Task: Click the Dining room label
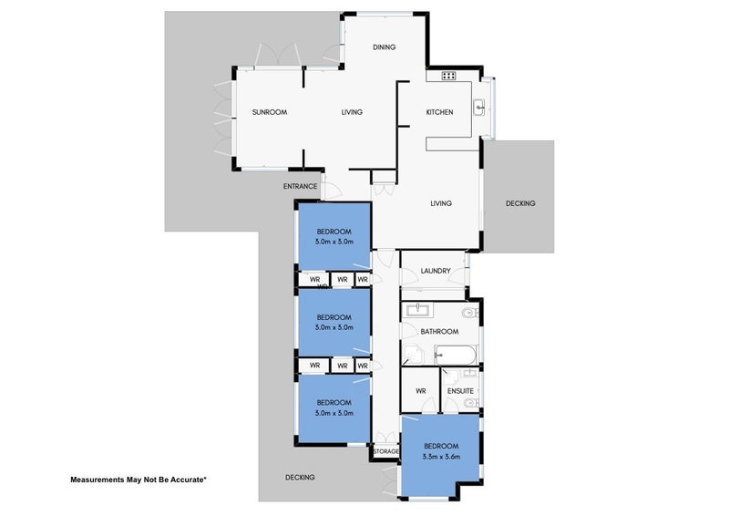coord(384,47)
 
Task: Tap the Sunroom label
coord(270,112)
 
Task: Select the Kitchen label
coord(439,112)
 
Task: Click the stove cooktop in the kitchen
coord(448,76)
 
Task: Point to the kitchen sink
coord(479,107)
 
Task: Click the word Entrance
coord(301,186)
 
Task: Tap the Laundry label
coord(436,271)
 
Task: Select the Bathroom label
coord(439,332)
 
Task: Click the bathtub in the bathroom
coord(455,355)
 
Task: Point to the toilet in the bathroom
coord(470,312)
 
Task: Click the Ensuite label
coord(460,391)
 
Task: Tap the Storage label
coord(385,451)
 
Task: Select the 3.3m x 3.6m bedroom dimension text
coord(441,457)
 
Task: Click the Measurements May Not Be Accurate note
coord(139,480)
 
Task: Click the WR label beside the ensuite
coord(421,391)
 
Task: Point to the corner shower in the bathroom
coord(413,355)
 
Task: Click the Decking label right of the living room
coord(520,203)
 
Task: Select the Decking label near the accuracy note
coord(300,478)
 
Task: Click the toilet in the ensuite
coord(471,403)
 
